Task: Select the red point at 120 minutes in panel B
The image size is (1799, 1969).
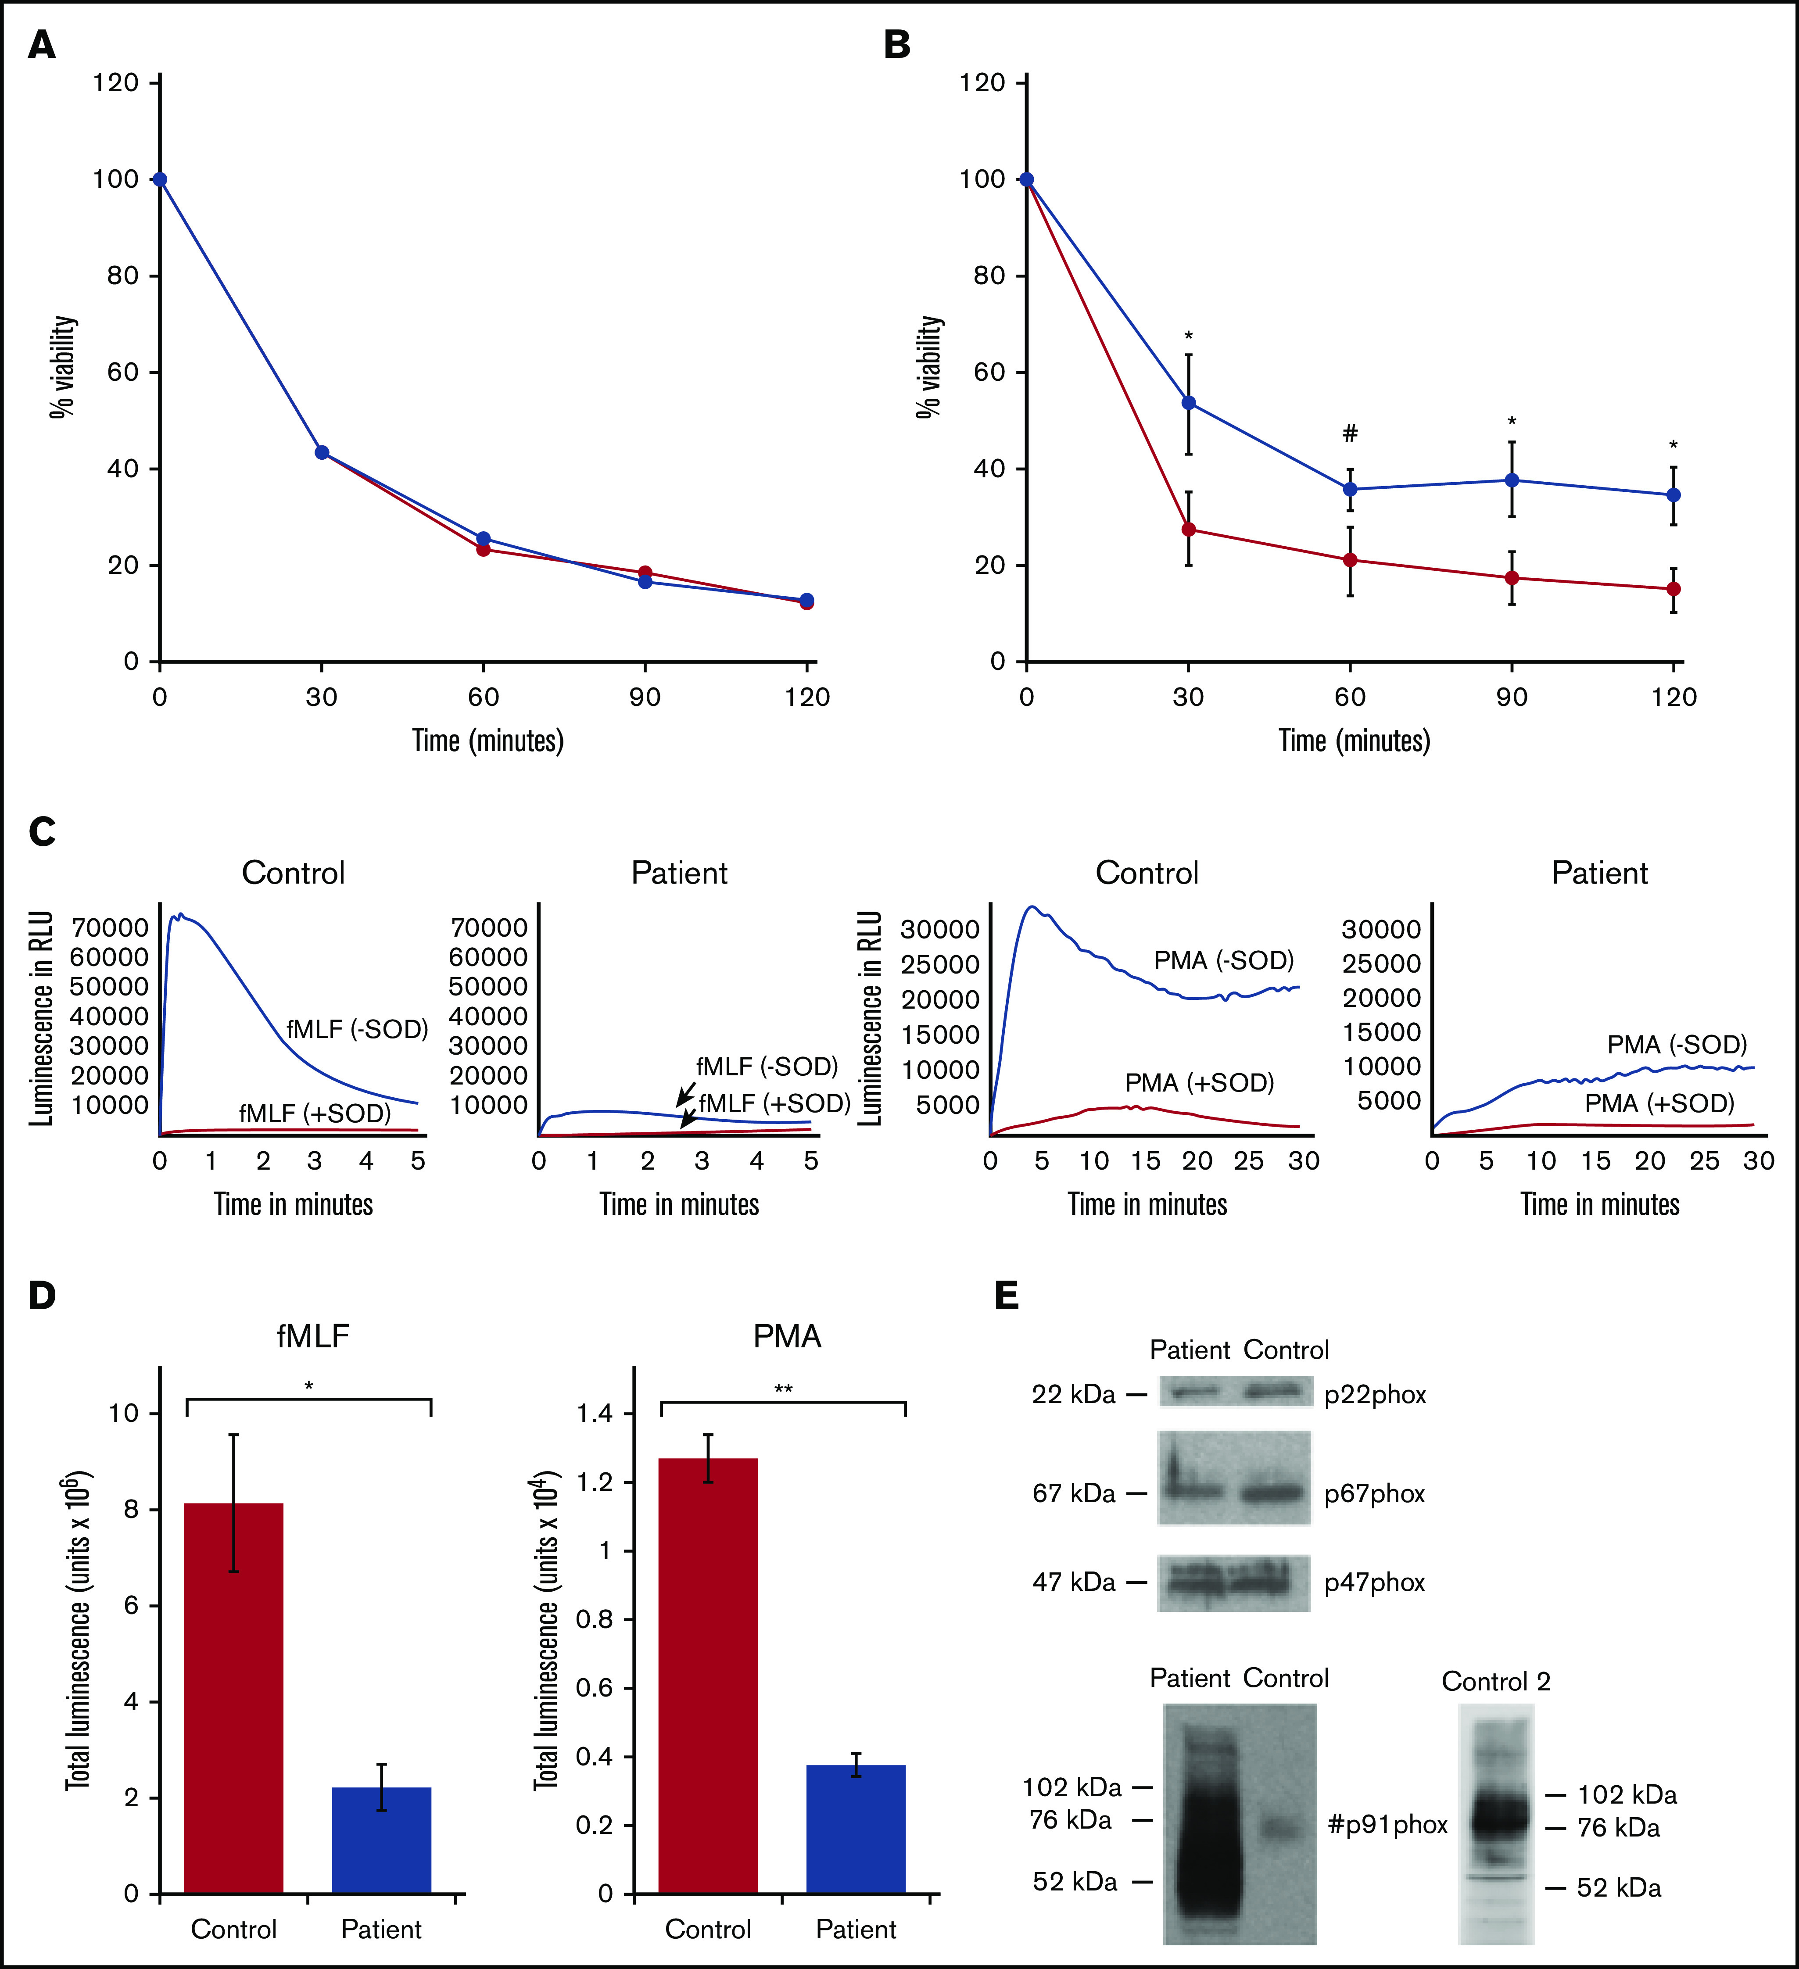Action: point(1674,589)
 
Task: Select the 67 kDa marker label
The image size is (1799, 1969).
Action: point(1073,1493)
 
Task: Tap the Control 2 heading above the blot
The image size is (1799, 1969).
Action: point(1495,1682)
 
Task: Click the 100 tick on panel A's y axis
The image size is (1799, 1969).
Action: point(115,179)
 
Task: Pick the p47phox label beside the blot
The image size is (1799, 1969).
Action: point(1374,1582)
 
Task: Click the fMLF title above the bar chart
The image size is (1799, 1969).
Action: point(312,1336)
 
